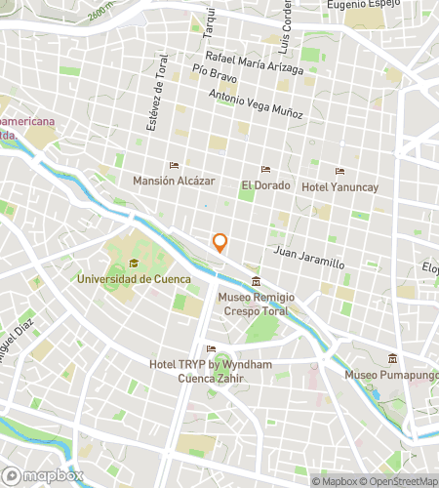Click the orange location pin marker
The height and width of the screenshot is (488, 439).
220,243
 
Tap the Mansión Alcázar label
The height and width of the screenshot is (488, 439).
174,181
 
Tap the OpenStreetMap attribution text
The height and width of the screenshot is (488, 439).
400,480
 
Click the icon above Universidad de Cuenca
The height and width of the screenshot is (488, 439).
133,263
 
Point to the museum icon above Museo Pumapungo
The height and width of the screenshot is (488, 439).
392,357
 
